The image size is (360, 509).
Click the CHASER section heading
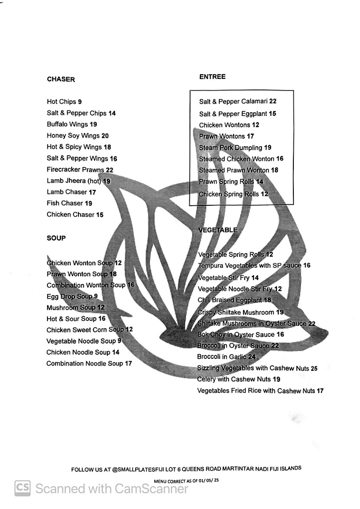pyautogui.click(x=61, y=79)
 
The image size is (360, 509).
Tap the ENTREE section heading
pyautogui.click(x=212, y=77)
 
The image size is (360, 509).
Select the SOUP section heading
pyautogui.click(x=56, y=238)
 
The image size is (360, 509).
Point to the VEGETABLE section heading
pyautogui.click(x=218, y=230)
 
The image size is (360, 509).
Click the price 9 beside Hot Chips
pyautogui.click(x=80, y=102)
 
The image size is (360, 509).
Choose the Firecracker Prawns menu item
pyautogui.click(x=75, y=170)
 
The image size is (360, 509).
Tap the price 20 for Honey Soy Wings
pyautogui.click(x=105, y=136)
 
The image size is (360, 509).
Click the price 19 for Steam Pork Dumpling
pyautogui.click(x=268, y=148)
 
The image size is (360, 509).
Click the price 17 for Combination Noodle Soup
pyautogui.click(x=128, y=364)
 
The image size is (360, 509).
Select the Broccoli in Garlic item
pyautogui.click(x=222, y=357)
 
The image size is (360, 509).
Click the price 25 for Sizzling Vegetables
pyautogui.click(x=314, y=369)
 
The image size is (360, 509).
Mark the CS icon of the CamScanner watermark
pyautogui.click(x=22, y=488)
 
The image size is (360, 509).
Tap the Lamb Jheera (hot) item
pyautogui.click(x=74, y=181)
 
